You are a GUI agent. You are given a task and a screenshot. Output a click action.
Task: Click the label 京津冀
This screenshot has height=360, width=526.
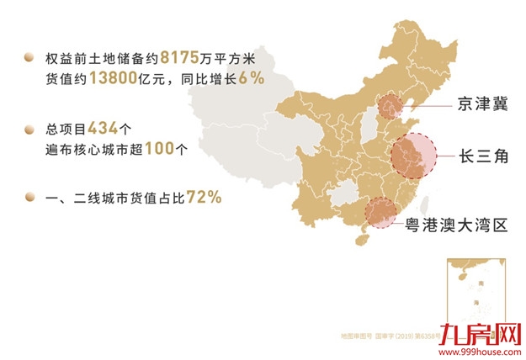click(484, 106)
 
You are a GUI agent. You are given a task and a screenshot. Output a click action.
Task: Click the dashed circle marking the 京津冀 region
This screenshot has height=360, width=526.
click(389, 108)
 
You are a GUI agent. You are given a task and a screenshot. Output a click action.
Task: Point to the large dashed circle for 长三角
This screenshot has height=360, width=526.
click(415, 156)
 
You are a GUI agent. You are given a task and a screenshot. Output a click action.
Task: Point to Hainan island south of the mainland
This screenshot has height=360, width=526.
click(363, 239)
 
